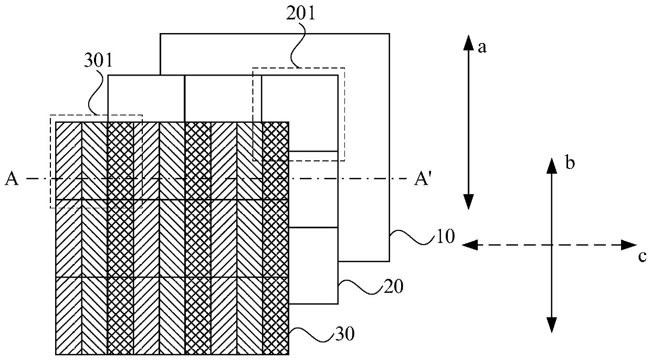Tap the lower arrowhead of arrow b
551,326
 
